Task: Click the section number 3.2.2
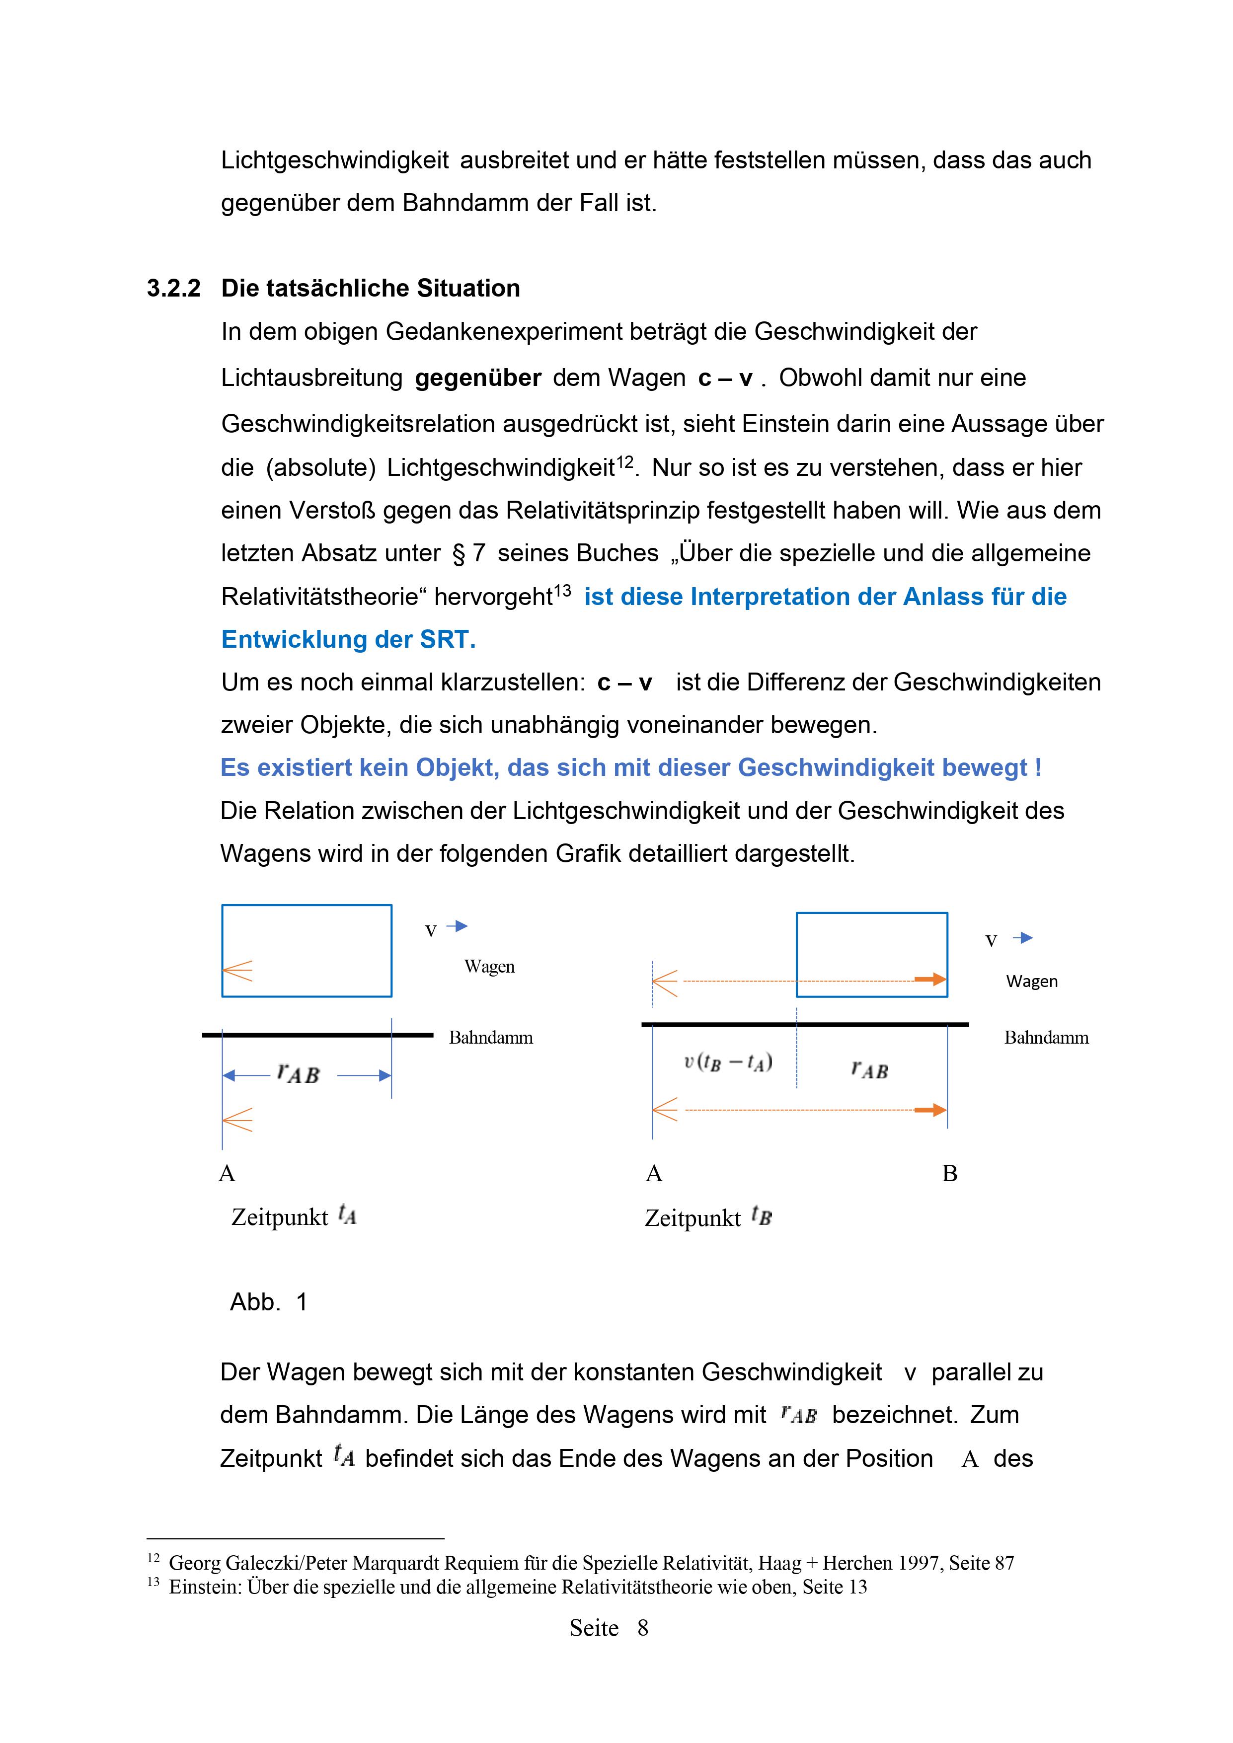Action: (x=174, y=289)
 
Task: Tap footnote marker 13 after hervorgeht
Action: (x=562, y=590)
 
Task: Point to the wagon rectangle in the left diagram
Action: (x=307, y=950)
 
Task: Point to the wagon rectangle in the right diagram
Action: (x=872, y=954)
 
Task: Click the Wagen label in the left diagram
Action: (x=490, y=967)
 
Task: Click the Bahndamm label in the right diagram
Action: (x=1046, y=1038)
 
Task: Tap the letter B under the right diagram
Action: (x=950, y=1174)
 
